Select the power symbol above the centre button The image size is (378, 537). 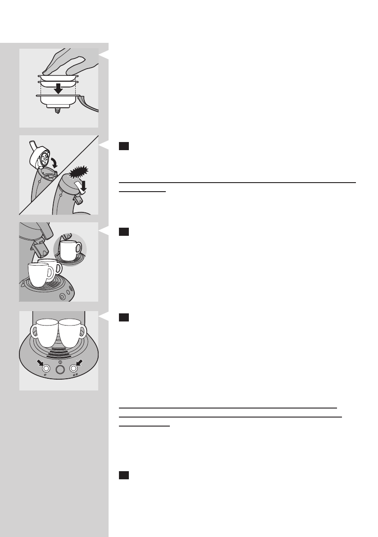59,362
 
